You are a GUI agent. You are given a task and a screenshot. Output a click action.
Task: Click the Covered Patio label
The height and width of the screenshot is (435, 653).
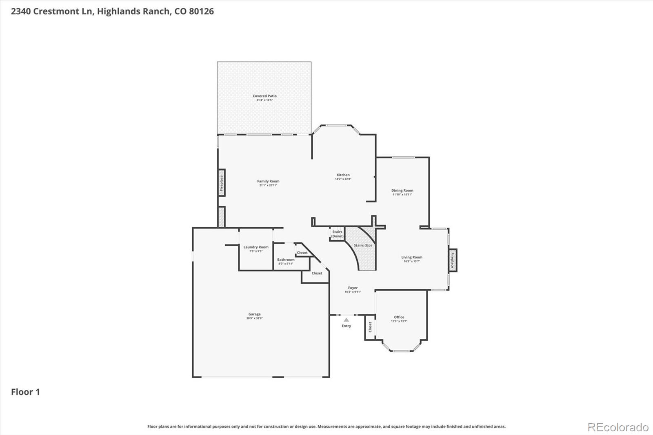point(264,96)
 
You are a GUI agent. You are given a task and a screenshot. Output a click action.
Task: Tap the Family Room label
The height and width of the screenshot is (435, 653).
point(268,181)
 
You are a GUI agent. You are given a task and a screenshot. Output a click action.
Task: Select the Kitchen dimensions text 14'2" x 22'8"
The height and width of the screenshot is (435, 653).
point(343,179)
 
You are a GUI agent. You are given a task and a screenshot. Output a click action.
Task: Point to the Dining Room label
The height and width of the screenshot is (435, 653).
point(402,190)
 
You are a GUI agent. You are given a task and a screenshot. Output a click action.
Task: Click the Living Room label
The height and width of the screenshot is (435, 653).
point(411,257)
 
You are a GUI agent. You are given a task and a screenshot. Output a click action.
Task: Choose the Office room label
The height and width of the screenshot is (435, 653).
point(399,317)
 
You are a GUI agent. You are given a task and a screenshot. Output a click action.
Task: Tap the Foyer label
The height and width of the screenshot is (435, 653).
point(353,288)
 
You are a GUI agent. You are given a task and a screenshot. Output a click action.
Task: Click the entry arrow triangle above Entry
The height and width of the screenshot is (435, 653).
point(346,320)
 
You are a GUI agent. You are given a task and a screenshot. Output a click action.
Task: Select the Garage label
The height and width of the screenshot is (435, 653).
point(254,314)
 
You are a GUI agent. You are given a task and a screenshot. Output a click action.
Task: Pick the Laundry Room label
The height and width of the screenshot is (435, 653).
point(256,247)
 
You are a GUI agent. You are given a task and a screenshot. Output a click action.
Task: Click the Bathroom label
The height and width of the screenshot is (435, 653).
point(286,260)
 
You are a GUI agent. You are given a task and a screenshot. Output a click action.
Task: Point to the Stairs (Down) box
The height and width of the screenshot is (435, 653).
point(337,234)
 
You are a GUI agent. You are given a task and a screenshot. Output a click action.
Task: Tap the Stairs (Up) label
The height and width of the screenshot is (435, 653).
point(362,245)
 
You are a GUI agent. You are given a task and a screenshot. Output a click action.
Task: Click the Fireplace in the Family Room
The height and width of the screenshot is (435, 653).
point(222,183)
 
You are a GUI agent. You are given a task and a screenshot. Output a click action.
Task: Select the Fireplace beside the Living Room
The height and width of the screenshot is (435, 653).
point(452,260)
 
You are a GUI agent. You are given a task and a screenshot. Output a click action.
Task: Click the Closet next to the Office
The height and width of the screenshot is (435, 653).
point(370,327)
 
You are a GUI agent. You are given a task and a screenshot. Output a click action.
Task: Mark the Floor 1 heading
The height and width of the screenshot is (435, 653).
point(25,392)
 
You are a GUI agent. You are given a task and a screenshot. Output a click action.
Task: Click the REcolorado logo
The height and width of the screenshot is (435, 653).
point(617,427)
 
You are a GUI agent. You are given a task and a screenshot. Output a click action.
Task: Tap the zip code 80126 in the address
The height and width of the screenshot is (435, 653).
point(201,11)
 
